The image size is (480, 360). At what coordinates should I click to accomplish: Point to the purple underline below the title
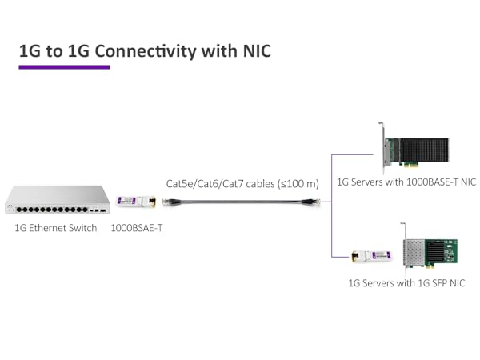tap(64, 67)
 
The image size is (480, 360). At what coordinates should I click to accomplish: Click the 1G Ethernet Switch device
tap(57, 200)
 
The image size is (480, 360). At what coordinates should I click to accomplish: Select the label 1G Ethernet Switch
tap(56, 228)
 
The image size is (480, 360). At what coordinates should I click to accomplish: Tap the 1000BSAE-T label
tap(137, 228)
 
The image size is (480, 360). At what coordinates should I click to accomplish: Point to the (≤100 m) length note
tap(298, 184)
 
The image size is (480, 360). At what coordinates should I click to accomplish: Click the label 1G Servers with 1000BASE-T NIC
tap(406, 182)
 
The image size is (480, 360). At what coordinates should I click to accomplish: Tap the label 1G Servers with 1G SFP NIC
tap(406, 283)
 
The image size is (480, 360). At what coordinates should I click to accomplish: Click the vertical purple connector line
tap(331, 205)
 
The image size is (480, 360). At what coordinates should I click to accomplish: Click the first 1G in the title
tap(30, 51)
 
